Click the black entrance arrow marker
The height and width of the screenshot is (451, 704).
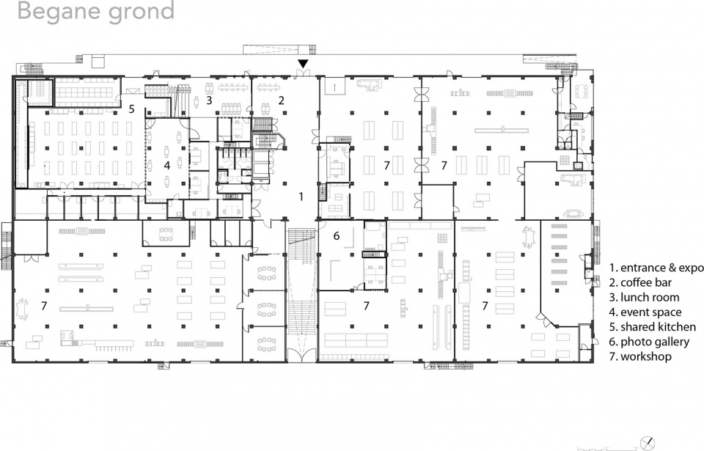[x=304, y=64]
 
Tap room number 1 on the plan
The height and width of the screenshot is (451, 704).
[x=301, y=197]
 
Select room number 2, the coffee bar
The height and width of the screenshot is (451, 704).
[x=282, y=100]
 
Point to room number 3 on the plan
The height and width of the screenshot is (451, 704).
[x=209, y=100]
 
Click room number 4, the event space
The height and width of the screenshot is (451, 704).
[x=167, y=165]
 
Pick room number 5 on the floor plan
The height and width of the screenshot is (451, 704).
[x=131, y=109]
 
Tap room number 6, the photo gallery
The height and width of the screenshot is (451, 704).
[x=337, y=236]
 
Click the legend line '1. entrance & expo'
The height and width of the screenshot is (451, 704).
[x=656, y=268]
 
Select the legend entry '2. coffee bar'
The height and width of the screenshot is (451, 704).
[x=641, y=282]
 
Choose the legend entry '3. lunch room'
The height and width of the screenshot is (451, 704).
[x=645, y=298]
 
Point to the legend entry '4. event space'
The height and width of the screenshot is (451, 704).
[x=645, y=312]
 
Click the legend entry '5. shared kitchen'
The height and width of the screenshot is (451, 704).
[x=653, y=327]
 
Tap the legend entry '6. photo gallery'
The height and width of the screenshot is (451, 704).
[x=649, y=342]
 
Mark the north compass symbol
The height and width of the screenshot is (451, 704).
[x=648, y=443]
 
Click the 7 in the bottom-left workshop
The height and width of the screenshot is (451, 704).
[x=44, y=306]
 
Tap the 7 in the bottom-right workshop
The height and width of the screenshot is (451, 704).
[x=485, y=306]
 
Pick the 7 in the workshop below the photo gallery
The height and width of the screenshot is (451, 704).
[x=367, y=306]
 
